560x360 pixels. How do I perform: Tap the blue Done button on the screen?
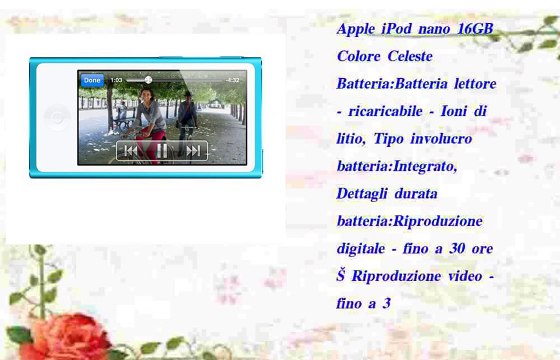click(92, 79)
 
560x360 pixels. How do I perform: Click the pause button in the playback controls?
click(162, 151)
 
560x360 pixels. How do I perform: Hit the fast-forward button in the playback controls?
click(193, 151)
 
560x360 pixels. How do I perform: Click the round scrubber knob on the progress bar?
click(148, 79)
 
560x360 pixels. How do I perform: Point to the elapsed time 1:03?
click(117, 79)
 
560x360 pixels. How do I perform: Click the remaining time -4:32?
click(232, 79)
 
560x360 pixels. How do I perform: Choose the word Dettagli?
click(366, 193)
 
